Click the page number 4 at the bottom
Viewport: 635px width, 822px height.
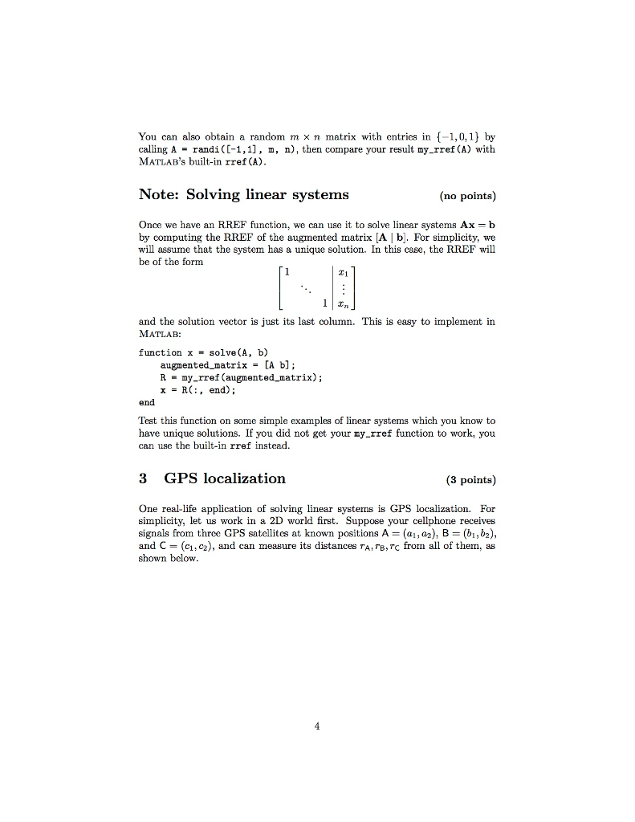317,727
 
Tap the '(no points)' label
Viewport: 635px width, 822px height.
467,195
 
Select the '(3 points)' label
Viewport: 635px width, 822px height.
470,480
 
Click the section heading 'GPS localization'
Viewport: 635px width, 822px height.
225,478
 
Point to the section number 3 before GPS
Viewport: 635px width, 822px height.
143,478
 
